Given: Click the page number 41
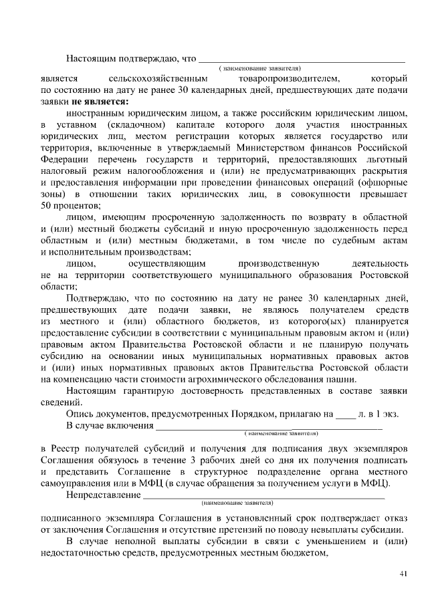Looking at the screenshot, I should [x=403, y=574].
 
